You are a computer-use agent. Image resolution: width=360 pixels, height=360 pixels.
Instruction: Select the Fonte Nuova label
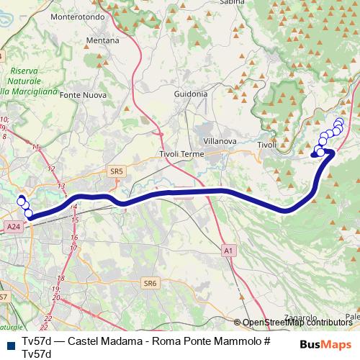coord(83,94)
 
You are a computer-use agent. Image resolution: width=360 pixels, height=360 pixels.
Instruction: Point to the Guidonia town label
coord(191,94)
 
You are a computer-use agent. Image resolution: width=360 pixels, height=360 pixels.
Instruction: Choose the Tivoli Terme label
coord(181,154)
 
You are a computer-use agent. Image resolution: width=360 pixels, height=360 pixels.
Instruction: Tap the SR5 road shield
coord(117,171)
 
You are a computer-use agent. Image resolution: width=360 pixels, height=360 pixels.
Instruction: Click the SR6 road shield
coord(150,283)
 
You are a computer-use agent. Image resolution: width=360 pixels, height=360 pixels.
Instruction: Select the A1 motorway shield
coord(228,251)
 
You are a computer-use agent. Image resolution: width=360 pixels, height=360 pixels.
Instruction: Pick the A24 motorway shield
coord(12,227)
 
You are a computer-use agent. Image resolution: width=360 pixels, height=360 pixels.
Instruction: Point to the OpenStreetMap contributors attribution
coord(297,323)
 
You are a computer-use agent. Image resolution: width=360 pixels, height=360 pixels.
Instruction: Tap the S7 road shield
coord(4,297)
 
